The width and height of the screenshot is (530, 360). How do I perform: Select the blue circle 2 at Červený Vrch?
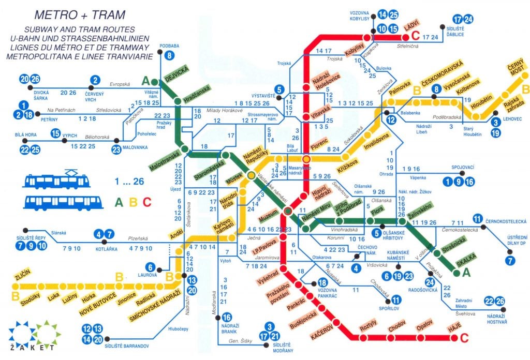[x=95, y=80]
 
